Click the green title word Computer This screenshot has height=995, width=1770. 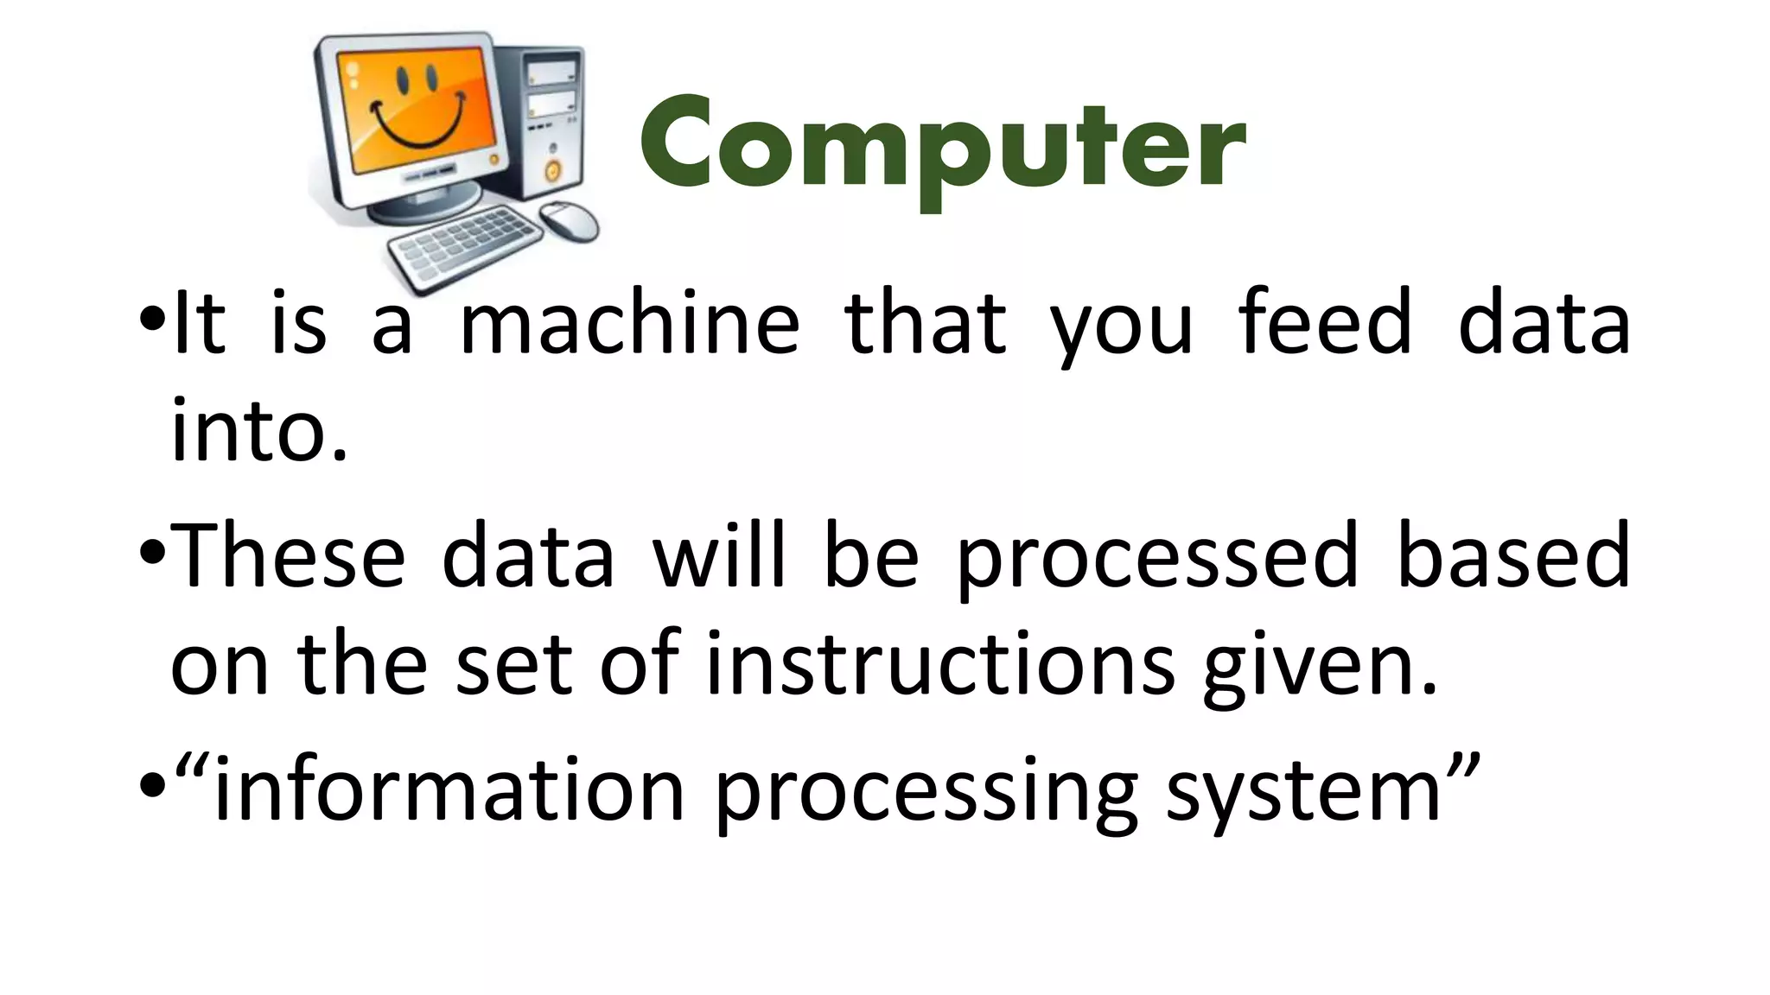tap(942, 147)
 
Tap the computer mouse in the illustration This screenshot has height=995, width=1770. tap(570, 221)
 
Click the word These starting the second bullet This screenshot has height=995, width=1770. tap(289, 556)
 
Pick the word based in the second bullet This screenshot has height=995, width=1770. tap(1512, 556)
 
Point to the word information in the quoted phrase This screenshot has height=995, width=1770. tap(449, 790)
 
